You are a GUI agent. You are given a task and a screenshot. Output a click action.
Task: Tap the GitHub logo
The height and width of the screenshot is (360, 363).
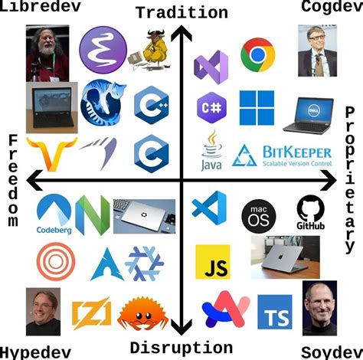(x=311, y=212)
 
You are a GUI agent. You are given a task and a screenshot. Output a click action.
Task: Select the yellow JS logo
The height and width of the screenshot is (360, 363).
(x=212, y=262)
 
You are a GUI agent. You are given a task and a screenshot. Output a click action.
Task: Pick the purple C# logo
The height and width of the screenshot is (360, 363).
(x=210, y=104)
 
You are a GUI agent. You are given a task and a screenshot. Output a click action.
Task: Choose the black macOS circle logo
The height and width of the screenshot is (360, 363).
(x=258, y=215)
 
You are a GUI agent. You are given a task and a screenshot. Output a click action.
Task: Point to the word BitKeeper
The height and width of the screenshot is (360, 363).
(x=297, y=152)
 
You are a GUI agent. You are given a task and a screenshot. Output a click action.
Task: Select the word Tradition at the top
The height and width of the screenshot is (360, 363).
(x=181, y=12)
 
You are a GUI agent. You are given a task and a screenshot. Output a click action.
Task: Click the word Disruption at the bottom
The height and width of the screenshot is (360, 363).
(x=181, y=348)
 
